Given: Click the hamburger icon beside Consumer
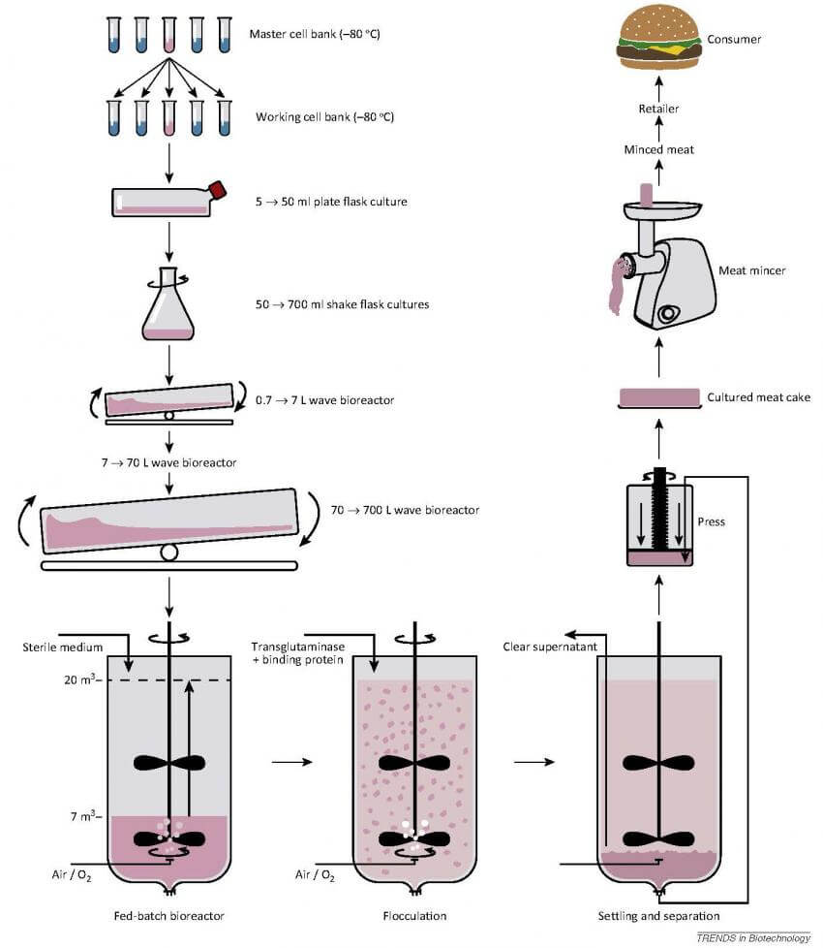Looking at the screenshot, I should pyautogui.click(x=659, y=38).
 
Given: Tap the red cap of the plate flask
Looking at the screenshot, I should pyautogui.click(x=217, y=190).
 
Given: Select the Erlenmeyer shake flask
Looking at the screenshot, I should pyautogui.click(x=169, y=308).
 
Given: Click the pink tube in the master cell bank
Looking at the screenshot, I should pyautogui.click(x=169, y=33).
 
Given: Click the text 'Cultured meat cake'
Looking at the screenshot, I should pyautogui.click(x=758, y=397).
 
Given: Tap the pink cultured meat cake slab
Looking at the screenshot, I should pyautogui.click(x=658, y=397).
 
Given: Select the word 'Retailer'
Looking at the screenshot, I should pyautogui.click(x=658, y=109).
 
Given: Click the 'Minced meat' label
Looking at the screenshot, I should pyautogui.click(x=658, y=149).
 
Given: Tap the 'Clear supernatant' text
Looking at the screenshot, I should pyautogui.click(x=544, y=646).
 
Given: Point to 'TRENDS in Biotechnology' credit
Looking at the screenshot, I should pyautogui.click(x=752, y=937).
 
